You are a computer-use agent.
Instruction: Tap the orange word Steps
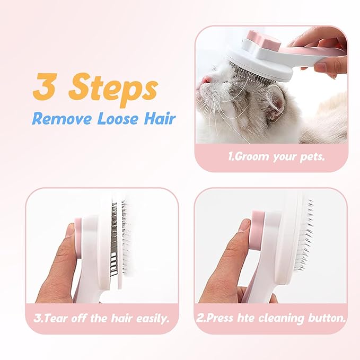coord(113,90)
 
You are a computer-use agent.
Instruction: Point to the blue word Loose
coord(118,119)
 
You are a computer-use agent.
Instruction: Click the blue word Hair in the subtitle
coord(160,118)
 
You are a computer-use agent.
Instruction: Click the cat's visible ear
coord(276,102)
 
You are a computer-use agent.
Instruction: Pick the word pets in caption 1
coord(312,157)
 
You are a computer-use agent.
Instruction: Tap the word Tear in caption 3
coord(56,318)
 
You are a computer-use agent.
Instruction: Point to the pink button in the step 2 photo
coord(258,230)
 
